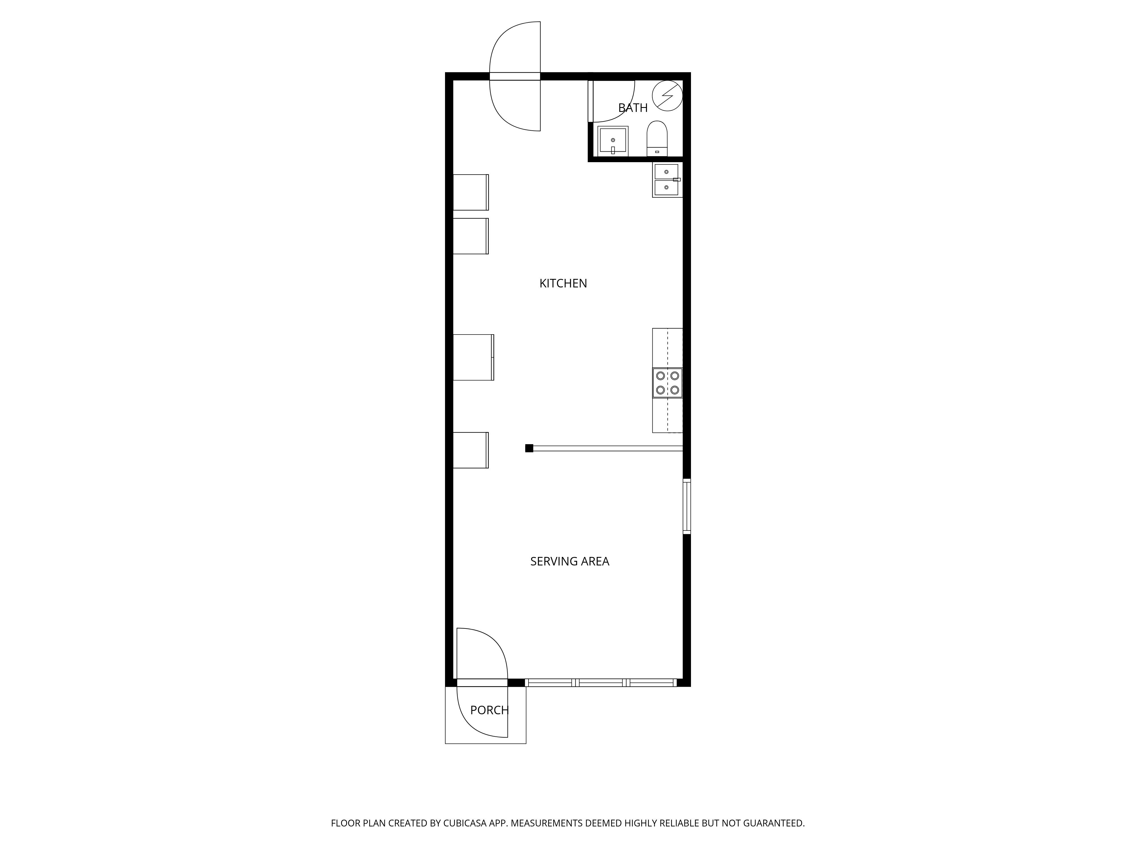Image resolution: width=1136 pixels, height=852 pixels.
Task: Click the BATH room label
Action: point(633,108)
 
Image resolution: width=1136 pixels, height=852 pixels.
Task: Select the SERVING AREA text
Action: point(569,561)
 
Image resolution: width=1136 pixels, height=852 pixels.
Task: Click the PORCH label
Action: point(489,710)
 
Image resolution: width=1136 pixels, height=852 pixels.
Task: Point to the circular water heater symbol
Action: point(667,95)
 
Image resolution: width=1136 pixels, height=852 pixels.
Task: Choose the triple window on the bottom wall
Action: point(601,682)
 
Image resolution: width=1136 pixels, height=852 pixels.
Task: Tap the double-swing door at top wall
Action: point(515,76)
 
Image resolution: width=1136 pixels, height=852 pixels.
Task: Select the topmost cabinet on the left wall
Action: point(470,192)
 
